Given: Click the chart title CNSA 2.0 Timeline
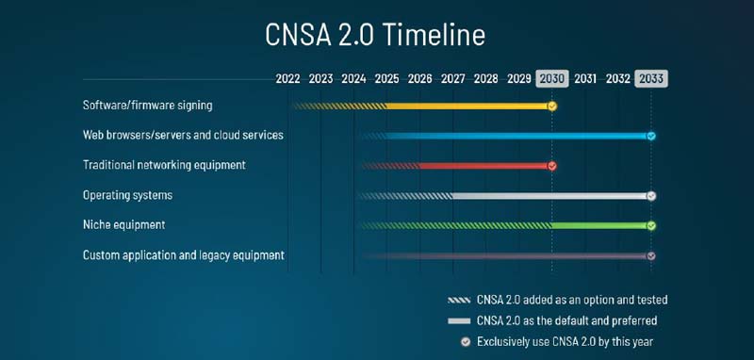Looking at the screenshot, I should (375, 36).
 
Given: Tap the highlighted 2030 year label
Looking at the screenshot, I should (552, 78).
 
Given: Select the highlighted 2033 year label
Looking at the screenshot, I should (650, 78).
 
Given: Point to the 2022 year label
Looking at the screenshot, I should (288, 78).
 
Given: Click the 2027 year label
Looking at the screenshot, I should (452, 78).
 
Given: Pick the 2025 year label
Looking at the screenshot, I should (386, 78).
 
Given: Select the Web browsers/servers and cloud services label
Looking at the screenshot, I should (183, 136).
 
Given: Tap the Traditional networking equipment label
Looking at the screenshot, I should (164, 165).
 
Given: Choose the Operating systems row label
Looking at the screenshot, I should (127, 195).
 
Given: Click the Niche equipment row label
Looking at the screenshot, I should (123, 225).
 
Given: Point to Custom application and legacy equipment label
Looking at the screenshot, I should (184, 255).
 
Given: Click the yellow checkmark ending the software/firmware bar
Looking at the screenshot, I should (552, 106).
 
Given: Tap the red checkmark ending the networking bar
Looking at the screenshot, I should (552, 166).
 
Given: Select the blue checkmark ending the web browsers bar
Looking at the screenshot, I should (651, 136).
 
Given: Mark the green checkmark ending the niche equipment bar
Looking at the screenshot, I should (651, 226).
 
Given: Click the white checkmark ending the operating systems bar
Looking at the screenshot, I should (651, 196).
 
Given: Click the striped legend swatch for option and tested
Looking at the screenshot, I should (458, 300).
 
